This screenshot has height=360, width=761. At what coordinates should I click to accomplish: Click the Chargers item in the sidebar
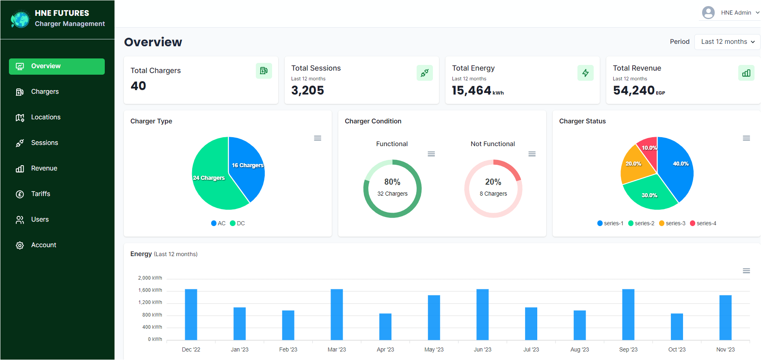coord(45,92)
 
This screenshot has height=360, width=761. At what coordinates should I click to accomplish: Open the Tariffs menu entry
coord(41,194)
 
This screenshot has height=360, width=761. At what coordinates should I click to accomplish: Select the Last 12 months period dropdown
coord(727,42)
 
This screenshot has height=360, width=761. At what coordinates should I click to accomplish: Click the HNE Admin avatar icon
coord(708,13)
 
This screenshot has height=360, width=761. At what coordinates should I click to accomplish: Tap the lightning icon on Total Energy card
coord(585,73)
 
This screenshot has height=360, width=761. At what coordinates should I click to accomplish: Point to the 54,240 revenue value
coord(633,91)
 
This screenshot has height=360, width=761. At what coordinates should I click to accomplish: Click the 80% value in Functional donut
coord(392,182)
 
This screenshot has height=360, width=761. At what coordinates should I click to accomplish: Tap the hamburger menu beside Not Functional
coord(532,154)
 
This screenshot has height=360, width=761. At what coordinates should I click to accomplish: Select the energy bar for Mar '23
coord(337,315)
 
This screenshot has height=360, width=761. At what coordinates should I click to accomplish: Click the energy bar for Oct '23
coord(677,327)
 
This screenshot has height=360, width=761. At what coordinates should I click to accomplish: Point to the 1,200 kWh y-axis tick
coord(150,303)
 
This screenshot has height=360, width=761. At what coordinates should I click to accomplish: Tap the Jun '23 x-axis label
coord(482,350)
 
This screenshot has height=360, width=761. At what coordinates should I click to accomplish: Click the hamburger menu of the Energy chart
coord(746,271)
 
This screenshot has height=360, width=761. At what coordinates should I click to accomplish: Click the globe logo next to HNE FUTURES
coord(20,19)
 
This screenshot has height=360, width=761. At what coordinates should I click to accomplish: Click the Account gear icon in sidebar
coord(19,246)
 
